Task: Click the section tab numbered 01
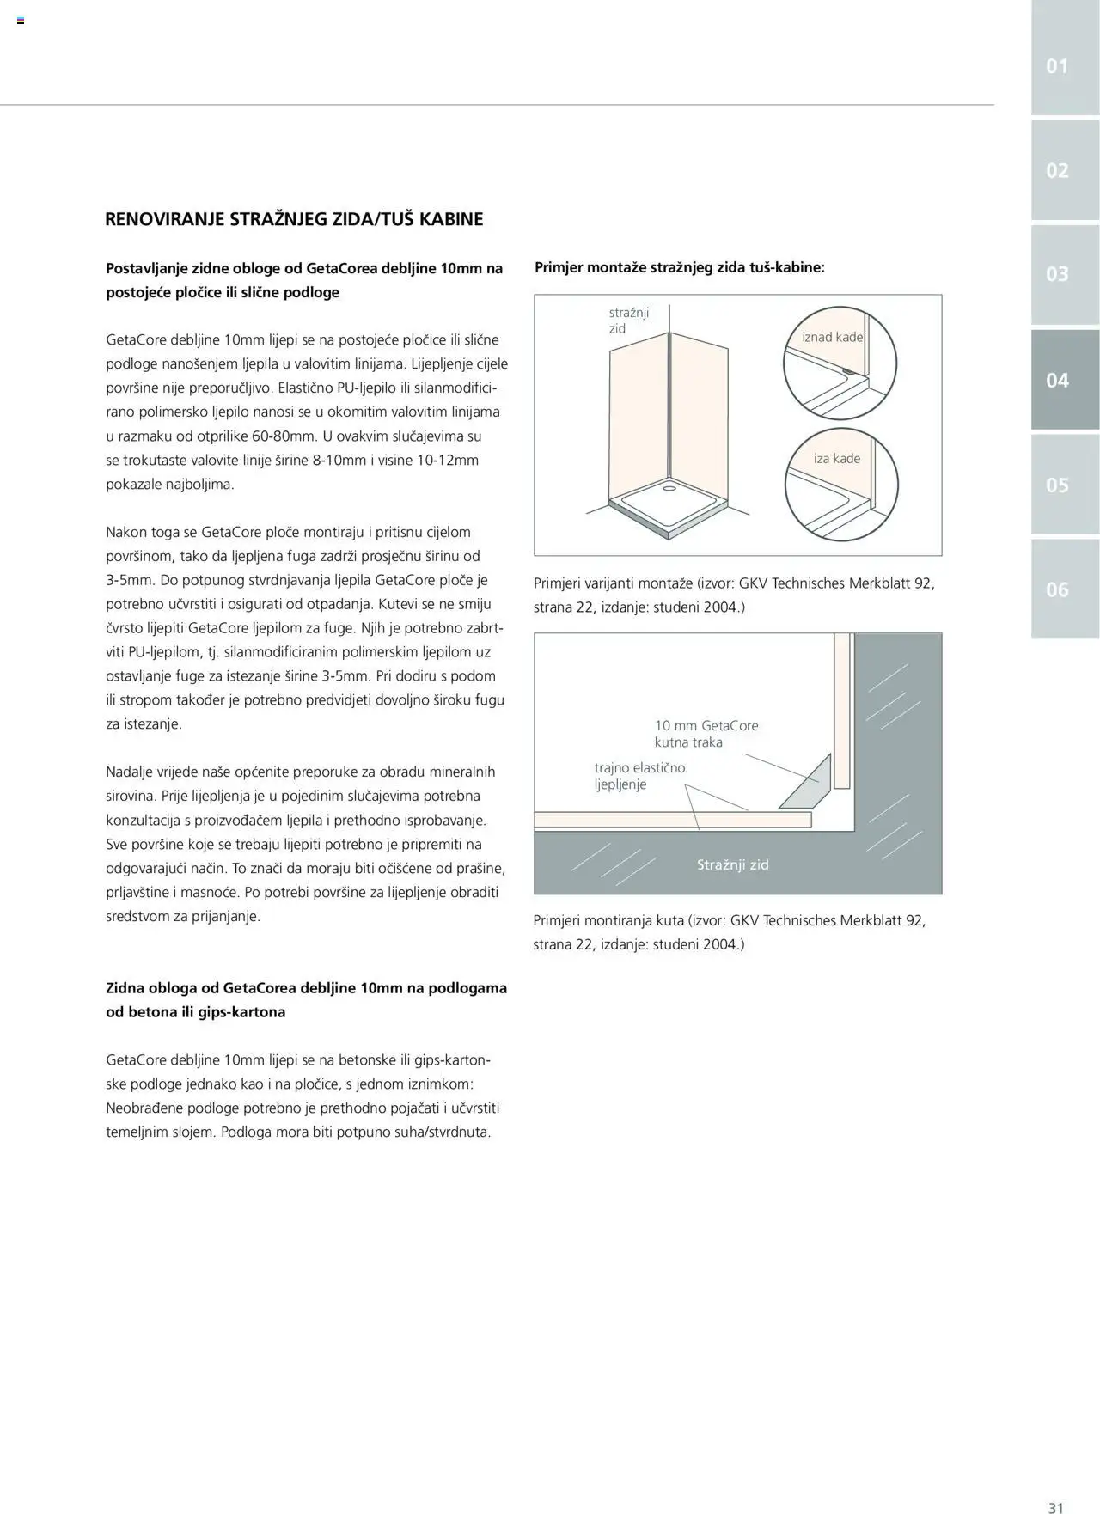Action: pos(1057,66)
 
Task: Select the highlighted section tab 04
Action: pos(1057,380)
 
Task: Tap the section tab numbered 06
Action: pos(1057,589)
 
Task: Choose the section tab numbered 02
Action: pos(1057,170)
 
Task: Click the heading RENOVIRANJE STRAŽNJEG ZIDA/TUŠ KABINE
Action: pos(294,219)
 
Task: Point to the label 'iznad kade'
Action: pos(832,337)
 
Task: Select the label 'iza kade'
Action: pos(836,458)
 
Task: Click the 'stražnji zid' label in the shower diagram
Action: pos(628,321)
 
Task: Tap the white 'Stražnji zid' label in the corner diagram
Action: pos(732,864)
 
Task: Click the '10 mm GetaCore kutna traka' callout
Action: pos(706,734)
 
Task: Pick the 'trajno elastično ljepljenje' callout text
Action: pos(639,776)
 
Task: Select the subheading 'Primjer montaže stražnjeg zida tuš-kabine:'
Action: pos(679,267)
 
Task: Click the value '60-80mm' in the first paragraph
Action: pos(284,436)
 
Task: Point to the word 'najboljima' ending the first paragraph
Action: pos(198,484)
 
